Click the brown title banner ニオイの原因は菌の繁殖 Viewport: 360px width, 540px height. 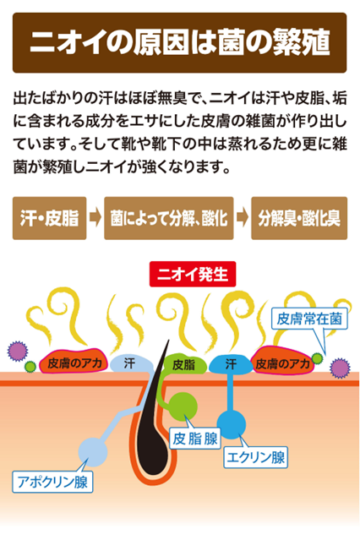(179, 43)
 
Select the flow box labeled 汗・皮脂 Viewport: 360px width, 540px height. (49, 218)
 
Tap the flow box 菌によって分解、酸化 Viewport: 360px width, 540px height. (169, 218)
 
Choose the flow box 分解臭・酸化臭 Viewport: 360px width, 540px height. (299, 218)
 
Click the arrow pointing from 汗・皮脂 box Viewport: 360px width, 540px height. (95, 218)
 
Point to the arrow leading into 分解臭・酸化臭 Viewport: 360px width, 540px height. (243, 218)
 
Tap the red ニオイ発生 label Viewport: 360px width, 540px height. (193, 274)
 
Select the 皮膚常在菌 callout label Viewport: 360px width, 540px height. (309, 319)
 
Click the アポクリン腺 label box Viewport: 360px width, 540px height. (52, 482)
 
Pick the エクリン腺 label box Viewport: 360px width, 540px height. (255, 457)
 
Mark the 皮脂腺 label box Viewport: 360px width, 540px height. (195, 439)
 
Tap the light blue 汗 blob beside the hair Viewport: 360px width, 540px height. (131, 363)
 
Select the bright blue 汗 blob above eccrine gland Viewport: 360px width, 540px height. (230, 365)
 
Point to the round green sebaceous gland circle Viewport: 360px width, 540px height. (183, 406)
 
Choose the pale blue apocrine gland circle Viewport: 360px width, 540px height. (93, 452)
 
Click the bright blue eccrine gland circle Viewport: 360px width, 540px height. (232, 424)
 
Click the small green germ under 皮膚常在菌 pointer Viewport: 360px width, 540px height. (317, 358)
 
